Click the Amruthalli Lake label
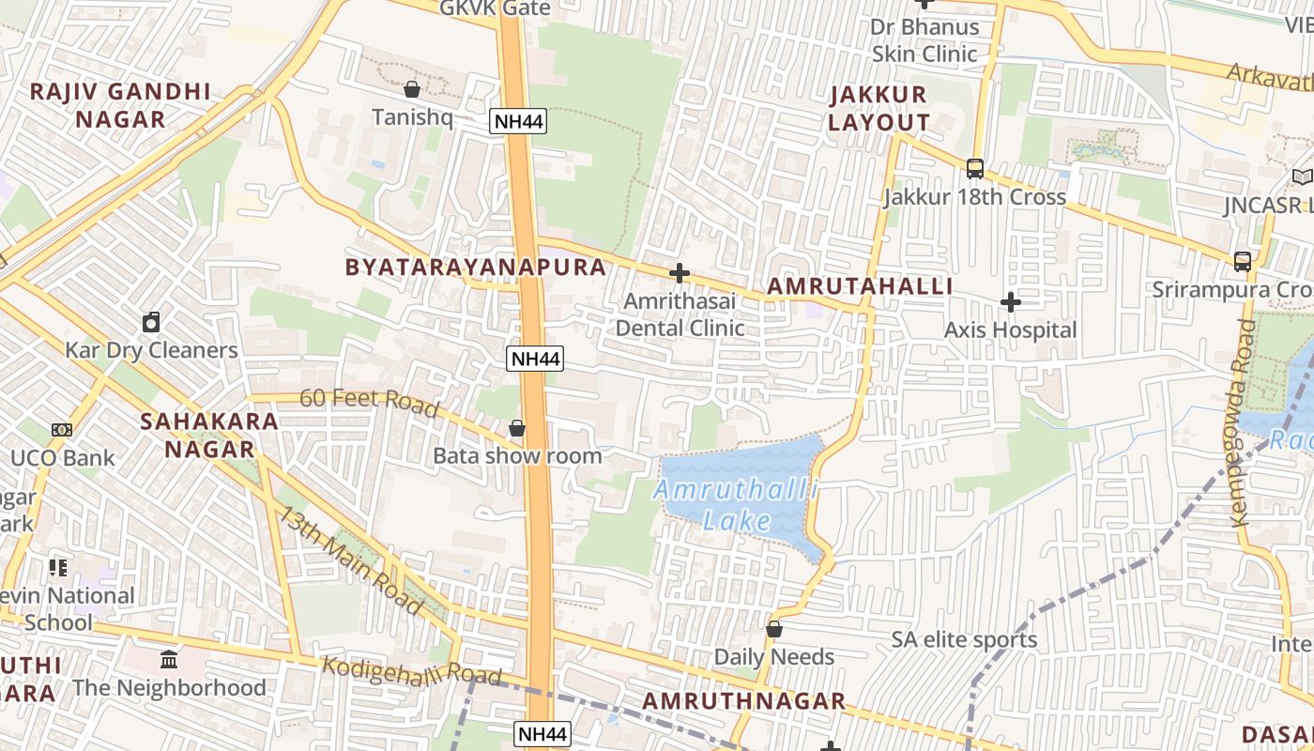tap(737, 505)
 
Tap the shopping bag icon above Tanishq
tap(411, 89)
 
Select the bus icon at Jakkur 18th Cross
tap(975, 169)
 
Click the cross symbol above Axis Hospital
tap(1011, 302)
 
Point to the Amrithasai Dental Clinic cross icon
tap(680, 273)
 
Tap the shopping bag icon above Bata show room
tap(516, 429)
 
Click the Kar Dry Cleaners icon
tap(151, 323)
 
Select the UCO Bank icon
tap(62, 430)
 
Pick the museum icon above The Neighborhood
tap(169, 659)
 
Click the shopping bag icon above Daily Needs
tap(774, 629)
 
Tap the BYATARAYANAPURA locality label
tap(476, 267)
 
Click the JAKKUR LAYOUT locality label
tap(879, 108)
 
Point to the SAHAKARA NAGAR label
tap(209, 435)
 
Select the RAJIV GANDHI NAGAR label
tap(121, 105)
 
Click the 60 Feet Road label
tap(369, 401)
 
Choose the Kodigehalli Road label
tap(412, 673)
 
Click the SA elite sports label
tap(964, 640)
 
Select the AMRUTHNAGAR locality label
tap(744, 701)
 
